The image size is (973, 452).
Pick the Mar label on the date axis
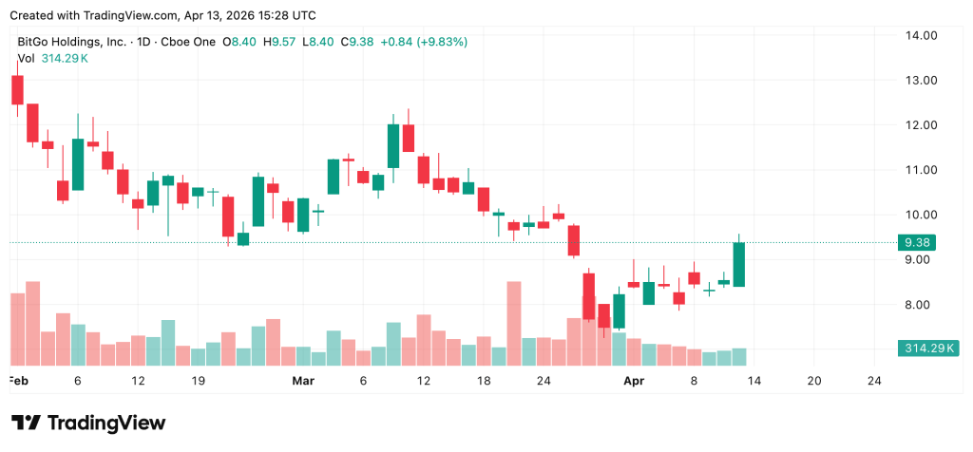pyautogui.click(x=303, y=381)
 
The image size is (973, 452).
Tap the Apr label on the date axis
pyautogui.click(x=633, y=381)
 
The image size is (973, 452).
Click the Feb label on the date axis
pyautogui.click(x=17, y=381)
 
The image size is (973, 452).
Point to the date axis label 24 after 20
pyautogui.click(x=874, y=381)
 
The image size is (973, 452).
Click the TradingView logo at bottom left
pyautogui.click(x=88, y=423)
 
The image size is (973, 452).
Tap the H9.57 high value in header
pyautogui.click(x=281, y=42)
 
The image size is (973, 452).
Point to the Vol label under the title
pyautogui.click(x=26, y=58)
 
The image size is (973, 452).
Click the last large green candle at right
pyautogui.click(x=739, y=264)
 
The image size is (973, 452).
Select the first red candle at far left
pyautogui.click(x=17, y=89)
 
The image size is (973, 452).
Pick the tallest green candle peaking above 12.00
pyautogui.click(x=393, y=146)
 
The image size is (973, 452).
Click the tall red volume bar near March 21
pyautogui.click(x=514, y=323)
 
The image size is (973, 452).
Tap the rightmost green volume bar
pyautogui.click(x=739, y=356)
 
